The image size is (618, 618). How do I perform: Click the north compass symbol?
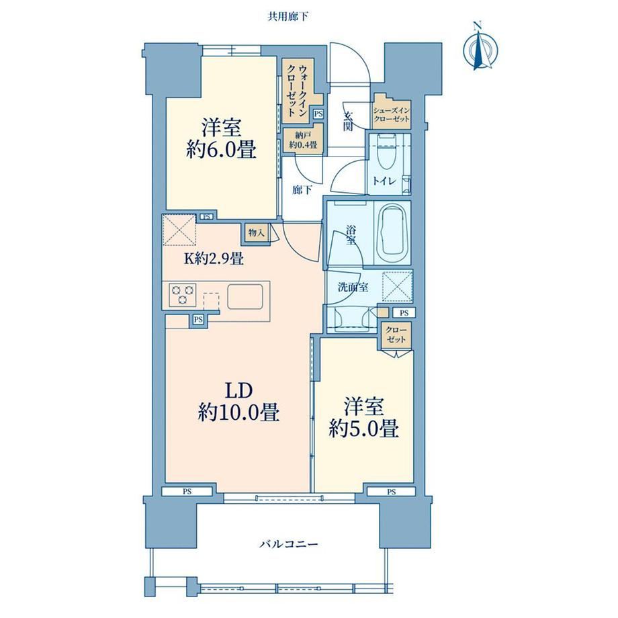coord(480,47)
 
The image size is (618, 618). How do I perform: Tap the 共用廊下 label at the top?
coord(288,17)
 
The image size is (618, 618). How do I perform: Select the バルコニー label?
coord(289,544)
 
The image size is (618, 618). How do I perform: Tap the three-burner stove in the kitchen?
coord(182,294)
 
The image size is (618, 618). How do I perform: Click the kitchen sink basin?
coord(245,297)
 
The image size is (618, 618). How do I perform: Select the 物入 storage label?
coord(256,232)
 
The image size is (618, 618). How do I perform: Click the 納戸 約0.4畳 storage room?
coord(303,140)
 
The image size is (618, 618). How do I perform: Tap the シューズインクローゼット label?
coord(392,115)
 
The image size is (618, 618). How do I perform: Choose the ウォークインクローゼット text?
coord(298,90)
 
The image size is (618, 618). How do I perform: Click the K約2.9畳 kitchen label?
coord(214,259)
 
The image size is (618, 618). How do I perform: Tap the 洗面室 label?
coord(353,287)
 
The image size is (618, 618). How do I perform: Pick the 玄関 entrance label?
coord(349,122)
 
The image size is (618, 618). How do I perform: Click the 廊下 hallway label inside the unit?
coord(302,190)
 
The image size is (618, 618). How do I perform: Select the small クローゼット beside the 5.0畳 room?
coord(396,335)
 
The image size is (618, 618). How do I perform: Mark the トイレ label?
coord(384,181)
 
